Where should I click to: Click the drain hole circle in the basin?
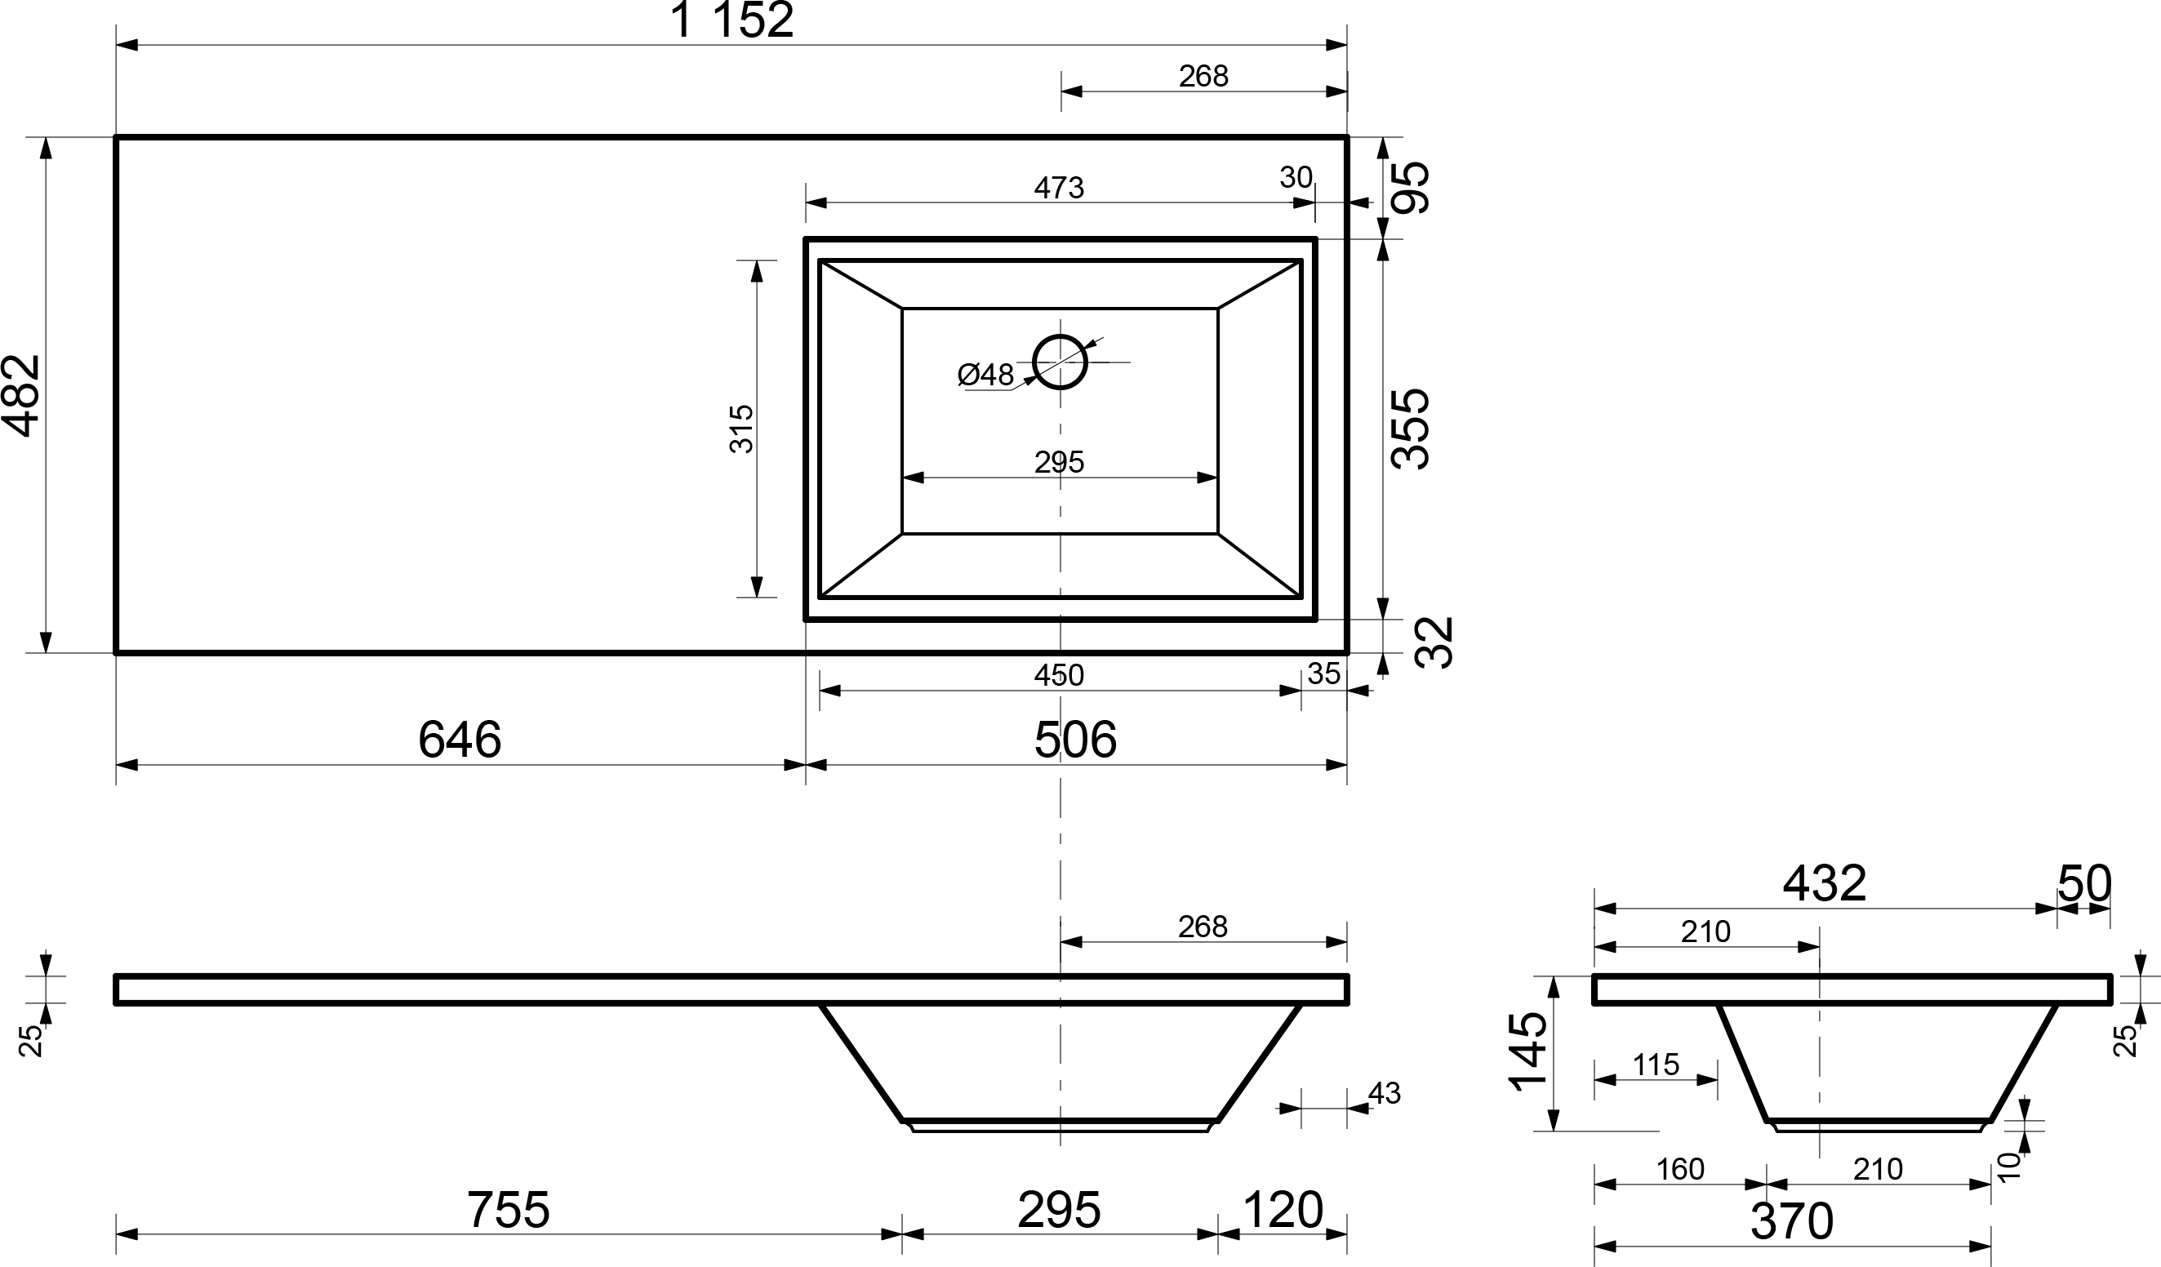pyautogui.click(x=1060, y=362)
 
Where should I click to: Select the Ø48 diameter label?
pyautogui.click(x=985, y=375)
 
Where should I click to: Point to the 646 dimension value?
pyautogui.click(x=460, y=740)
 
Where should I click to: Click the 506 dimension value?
pyautogui.click(x=1075, y=740)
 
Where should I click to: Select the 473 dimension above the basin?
pyautogui.click(x=1059, y=188)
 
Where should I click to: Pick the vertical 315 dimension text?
pyautogui.click(x=741, y=429)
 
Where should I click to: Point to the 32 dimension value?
pyautogui.click(x=1434, y=643)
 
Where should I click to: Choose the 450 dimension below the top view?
pyautogui.click(x=1059, y=675)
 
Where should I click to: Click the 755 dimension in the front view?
pyautogui.click(x=508, y=1210)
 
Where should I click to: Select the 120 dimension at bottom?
pyautogui.click(x=1282, y=1210)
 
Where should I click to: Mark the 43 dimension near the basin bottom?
pyautogui.click(x=1384, y=1093)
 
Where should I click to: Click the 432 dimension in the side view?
pyautogui.click(x=1824, y=883)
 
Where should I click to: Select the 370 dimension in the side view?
pyautogui.click(x=1791, y=1220)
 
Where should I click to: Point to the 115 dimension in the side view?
pyautogui.click(x=1655, y=1065)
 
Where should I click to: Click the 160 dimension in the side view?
pyautogui.click(x=1679, y=1168)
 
